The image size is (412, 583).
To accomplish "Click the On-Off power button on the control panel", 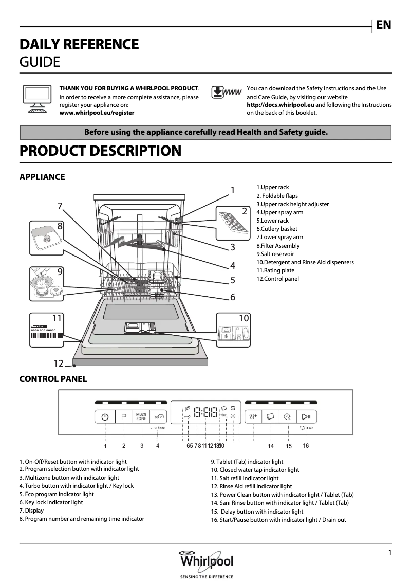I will coord(105,417).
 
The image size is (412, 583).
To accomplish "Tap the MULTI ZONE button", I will coord(141,417).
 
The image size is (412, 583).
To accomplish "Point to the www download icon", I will coord(226,93).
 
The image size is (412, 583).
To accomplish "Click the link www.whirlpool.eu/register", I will coord(97,113).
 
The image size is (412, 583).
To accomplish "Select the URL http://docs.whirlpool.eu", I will coord(280,105).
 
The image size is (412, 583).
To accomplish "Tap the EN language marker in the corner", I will coord(383,25).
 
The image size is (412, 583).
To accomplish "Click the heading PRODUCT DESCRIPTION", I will coord(100,151).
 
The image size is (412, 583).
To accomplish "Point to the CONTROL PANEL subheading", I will coord(53,379).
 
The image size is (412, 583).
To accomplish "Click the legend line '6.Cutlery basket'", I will coord(277,229).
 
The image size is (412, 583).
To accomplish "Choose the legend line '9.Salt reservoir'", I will coord(275,254).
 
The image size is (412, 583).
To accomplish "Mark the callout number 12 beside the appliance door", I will coord(59,363).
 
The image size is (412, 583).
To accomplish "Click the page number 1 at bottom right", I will coord(390,553).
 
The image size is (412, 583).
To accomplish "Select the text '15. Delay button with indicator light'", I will coord(257,512).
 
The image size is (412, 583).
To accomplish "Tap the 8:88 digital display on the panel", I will coord(205,413).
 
